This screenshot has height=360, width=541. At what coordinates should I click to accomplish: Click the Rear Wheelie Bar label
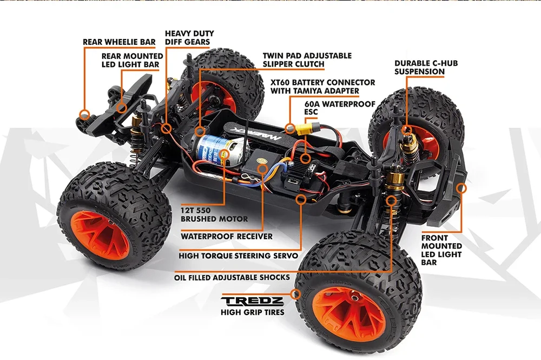(119, 42)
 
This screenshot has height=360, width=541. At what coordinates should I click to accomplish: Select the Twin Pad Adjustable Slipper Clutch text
(307, 60)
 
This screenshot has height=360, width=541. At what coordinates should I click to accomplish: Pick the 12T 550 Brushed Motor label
(207, 215)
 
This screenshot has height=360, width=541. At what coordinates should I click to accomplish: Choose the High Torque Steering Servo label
(239, 255)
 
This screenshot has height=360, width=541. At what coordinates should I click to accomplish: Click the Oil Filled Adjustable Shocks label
(232, 277)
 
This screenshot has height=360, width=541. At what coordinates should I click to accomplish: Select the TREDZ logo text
(252, 300)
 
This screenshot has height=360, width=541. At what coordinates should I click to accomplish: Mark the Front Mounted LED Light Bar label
(441, 250)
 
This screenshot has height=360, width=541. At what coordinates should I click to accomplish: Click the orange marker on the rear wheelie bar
(84, 114)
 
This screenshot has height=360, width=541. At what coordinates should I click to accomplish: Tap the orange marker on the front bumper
(461, 188)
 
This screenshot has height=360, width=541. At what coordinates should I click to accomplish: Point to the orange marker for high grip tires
(295, 294)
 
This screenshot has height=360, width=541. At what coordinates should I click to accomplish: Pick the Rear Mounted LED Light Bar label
(133, 60)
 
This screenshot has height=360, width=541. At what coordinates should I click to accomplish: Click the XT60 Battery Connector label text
(323, 86)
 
